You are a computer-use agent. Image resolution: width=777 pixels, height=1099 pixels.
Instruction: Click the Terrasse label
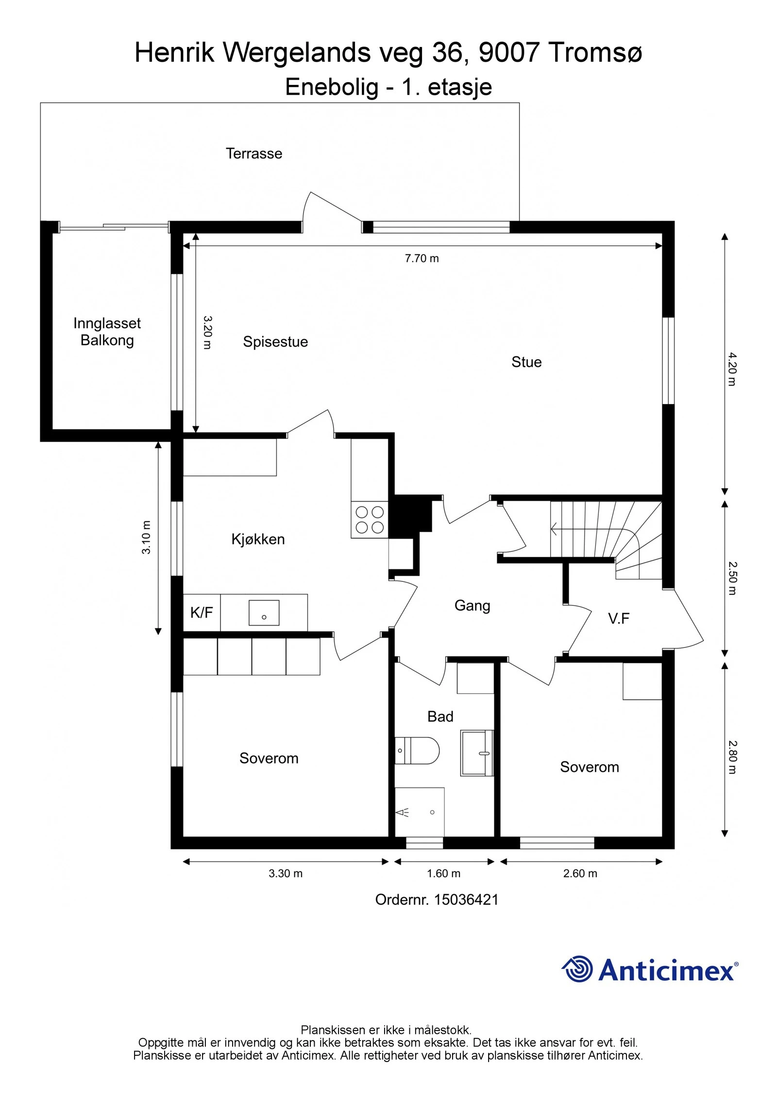pos(253,153)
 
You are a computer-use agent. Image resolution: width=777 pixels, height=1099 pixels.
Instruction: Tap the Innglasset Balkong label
pos(107,332)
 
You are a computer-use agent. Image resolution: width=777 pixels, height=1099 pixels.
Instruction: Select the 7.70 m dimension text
pos(422,258)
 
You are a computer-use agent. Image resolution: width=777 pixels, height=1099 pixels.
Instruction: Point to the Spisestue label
pos(275,341)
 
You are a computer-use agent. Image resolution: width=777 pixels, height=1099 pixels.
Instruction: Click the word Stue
pos(526,362)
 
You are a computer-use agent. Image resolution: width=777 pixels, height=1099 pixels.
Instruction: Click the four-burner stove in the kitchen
pos(369,520)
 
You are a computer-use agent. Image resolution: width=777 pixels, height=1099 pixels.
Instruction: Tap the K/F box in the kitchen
pos(202,612)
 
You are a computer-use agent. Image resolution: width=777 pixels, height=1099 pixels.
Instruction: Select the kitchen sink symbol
pos(264,612)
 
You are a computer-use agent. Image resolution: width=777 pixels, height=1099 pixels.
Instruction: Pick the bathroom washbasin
pos(477,753)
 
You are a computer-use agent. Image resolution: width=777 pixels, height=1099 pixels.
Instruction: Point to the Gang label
pos(472,606)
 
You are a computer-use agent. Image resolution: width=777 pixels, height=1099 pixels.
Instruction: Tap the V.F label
pos(619,618)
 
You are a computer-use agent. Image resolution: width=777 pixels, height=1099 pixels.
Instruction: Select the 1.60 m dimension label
pos(443,873)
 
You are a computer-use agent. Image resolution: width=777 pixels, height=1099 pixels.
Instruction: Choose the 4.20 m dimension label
pos(732,370)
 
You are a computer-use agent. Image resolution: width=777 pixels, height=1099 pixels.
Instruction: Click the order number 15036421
pos(466,900)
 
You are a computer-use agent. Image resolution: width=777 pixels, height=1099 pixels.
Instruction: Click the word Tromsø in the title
pos(595,52)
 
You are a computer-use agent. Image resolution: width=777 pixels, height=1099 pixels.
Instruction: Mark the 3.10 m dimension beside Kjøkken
pos(146,537)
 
